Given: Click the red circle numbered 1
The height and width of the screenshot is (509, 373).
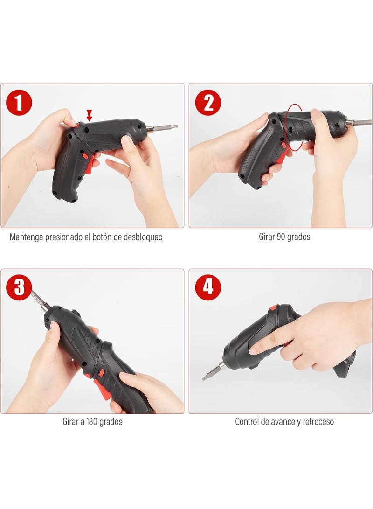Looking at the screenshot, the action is pyautogui.click(x=19, y=103).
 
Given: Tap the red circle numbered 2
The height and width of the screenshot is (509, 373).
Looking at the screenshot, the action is pyautogui.click(x=208, y=103).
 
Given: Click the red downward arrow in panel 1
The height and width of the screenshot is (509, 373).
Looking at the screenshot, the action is pyautogui.click(x=89, y=115).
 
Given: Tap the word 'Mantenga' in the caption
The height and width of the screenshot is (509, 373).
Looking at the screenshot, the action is pyautogui.click(x=26, y=237).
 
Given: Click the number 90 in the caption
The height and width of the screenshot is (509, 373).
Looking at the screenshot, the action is pyautogui.click(x=281, y=237).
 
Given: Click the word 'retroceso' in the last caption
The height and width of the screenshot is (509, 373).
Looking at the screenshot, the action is pyautogui.click(x=318, y=422).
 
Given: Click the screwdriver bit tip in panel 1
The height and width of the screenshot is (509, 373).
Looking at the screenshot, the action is pyautogui.click(x=176, y=126).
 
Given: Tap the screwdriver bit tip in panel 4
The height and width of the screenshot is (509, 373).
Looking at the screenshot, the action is pyautogui.click(x=204, y=378).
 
